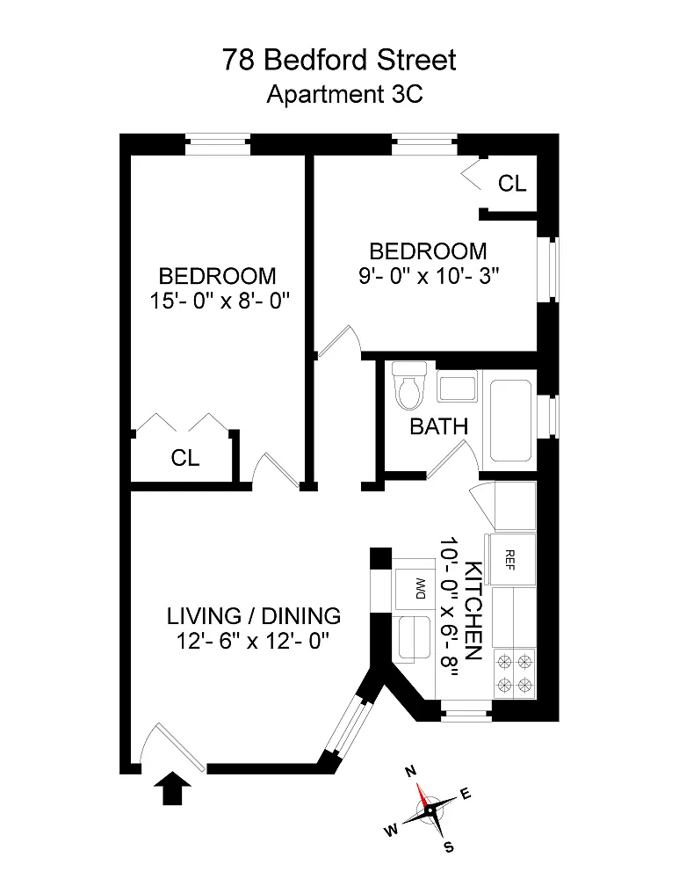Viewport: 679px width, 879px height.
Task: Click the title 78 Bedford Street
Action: pyautogui.click(x=339, y=60)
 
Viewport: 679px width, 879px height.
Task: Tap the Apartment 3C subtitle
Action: pyautogui.click(x=344, y=94)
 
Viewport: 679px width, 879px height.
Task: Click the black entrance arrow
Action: pyautogui.click(x=172, y=788)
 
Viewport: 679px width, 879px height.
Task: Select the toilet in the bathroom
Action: pyautogui.click(x=409, y=385)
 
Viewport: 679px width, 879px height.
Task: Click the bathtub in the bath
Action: pyautogui.click(x=510, y=420)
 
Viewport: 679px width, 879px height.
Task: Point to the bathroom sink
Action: pyautogui.click(x=457, y=387)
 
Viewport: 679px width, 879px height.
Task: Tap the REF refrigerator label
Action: pyautogui.click(x=509, y=559)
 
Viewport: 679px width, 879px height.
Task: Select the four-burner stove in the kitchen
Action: pyautogui.click(x=514, y=674)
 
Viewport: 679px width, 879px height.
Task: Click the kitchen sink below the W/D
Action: pyautogui.click(x=415, y=638)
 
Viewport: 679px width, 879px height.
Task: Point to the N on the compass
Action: pyautogui.click(x=410, y=772)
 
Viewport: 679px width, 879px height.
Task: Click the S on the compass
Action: pyautogui.click(x=448, y=847)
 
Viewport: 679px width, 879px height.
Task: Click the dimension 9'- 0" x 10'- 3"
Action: pyautogui.click(x=429, y=276)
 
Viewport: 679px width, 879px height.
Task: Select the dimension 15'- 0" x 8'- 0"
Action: pyautogui.click(x=219, y=301)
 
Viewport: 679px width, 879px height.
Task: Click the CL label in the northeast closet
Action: pyautogui.click(x=512, y=184)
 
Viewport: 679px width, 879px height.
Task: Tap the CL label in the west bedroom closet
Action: pyautogui.click(x=184, y=458)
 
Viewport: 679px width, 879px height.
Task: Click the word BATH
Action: pyautogui.click(x=438, y=426)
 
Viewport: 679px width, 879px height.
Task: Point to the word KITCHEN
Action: pyautogui.click(x=473, y=610)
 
